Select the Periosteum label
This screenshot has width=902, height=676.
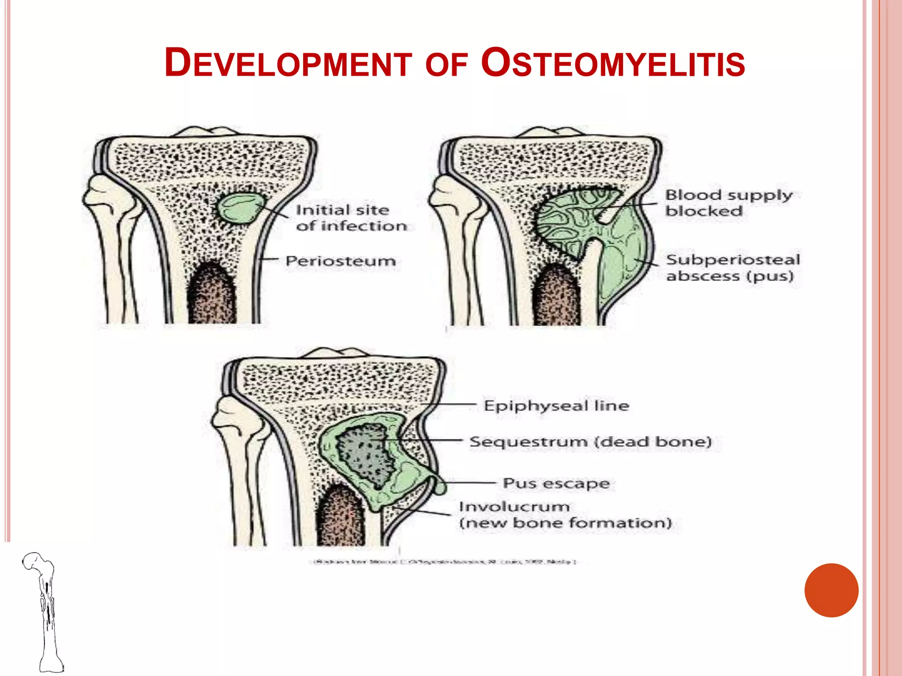tap(340, 261)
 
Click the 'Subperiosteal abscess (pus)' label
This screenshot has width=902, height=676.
tap(732, 268)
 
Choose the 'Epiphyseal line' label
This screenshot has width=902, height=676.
tap(556, 405)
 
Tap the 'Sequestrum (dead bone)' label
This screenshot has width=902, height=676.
tap(590, 441)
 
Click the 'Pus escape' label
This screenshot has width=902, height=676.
tap(556, 483)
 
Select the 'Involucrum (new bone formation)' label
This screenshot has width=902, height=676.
tap(565, 515)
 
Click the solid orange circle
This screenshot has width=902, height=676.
tap(831, 590)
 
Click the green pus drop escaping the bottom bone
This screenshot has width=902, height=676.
tap(440, 487)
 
